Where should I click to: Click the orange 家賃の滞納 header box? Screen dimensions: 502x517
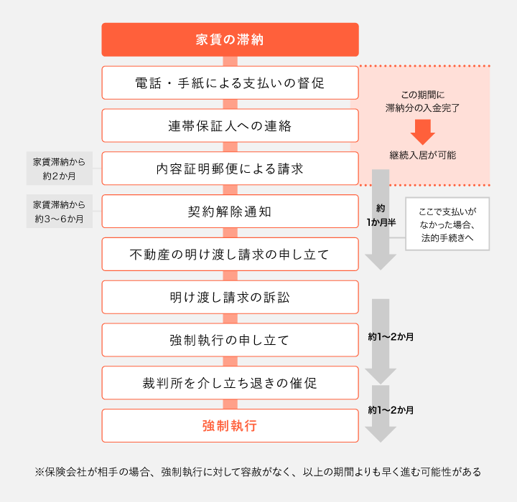230,39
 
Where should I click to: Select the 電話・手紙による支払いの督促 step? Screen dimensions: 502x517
230,82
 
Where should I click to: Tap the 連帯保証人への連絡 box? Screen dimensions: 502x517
230,126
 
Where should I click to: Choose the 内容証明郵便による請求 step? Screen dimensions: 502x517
230,169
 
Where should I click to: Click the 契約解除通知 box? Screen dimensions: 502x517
230,212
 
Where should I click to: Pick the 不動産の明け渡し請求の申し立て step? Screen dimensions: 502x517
230,254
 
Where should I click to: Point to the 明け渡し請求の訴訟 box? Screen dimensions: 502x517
230,297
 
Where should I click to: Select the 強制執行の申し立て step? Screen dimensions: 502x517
230,340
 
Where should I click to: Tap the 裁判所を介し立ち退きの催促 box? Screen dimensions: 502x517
230,383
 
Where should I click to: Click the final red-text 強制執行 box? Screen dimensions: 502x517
230,426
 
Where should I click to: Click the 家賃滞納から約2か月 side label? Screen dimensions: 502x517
60,169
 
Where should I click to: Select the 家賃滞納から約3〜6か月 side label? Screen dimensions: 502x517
60,212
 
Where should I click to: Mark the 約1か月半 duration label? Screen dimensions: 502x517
381,216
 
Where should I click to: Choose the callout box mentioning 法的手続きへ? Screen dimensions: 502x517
447,224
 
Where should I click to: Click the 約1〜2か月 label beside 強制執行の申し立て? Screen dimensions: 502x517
391,336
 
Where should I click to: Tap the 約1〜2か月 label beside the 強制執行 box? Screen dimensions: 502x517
391,410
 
